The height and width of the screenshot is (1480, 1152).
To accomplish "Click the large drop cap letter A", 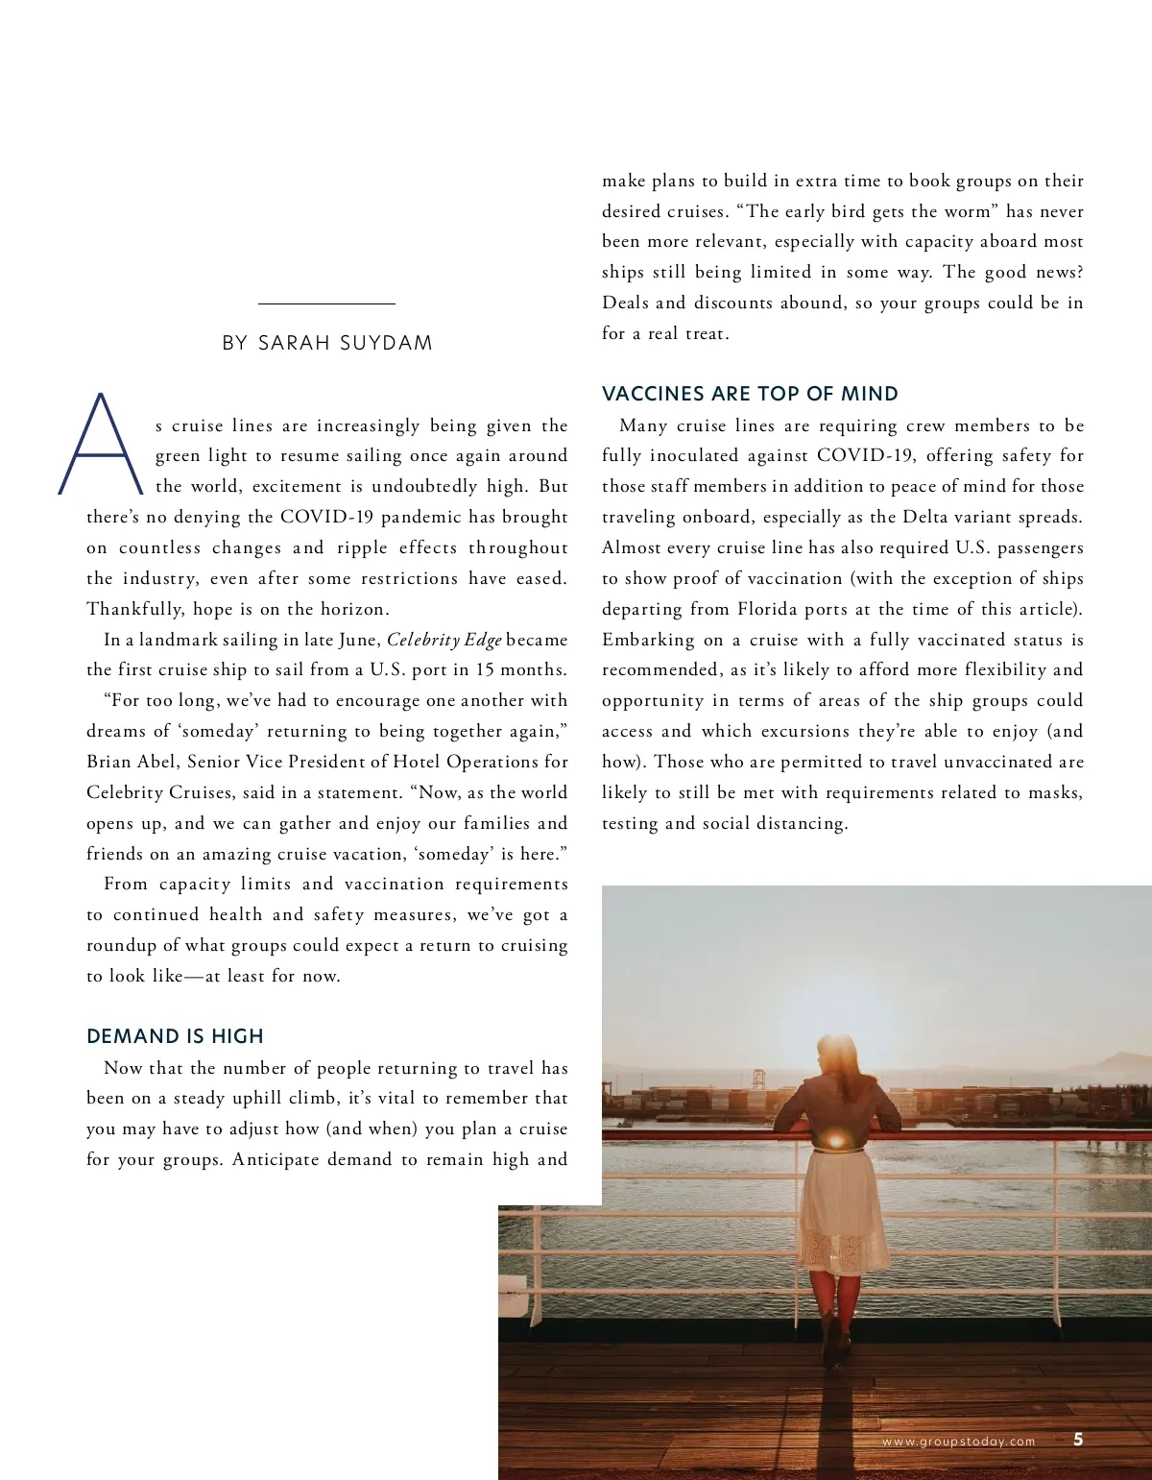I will [100, 444].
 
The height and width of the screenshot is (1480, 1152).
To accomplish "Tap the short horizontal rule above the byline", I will [326, 304].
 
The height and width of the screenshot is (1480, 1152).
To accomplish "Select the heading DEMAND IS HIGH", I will [175, 1036].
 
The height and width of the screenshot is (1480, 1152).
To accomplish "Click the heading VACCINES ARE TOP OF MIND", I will [750, 394].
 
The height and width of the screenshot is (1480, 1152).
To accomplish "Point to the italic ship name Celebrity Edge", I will [444, 640].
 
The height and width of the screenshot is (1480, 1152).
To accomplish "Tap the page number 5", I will [1078, 1439].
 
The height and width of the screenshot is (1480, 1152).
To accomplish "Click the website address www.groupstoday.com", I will [958, 1442].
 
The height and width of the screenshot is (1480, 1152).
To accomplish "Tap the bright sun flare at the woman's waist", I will [835, 1141].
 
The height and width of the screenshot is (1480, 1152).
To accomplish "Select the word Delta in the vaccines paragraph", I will [926, 517].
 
